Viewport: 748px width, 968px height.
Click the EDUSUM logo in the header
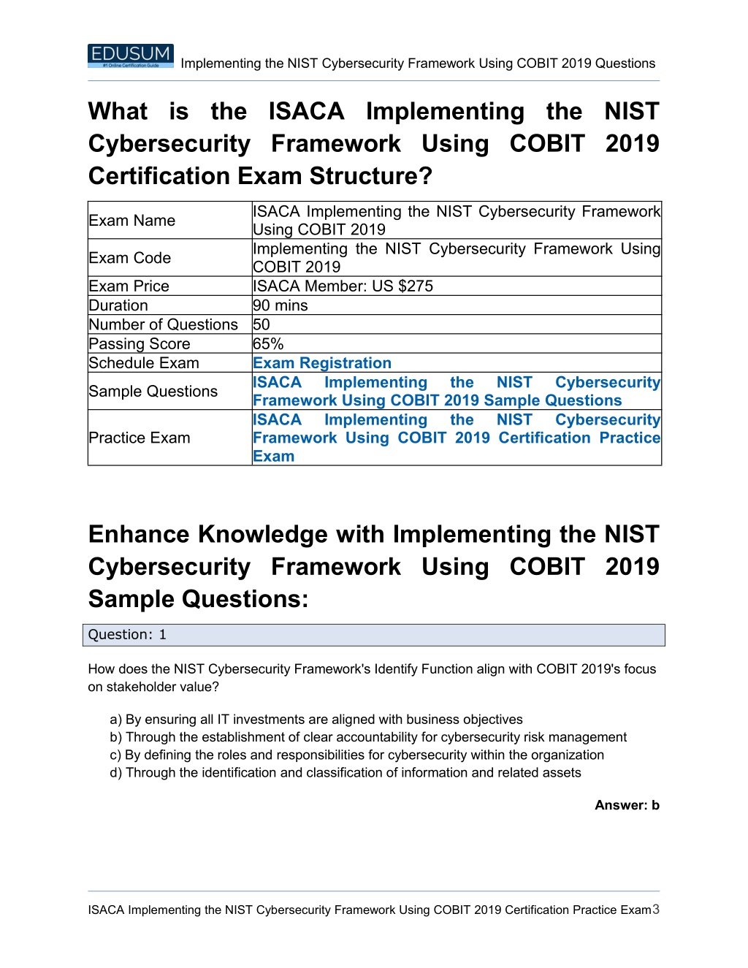pyautogui.click(x=130, y=56)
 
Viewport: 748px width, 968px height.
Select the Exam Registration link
pyautogui.click(x=322, y=363)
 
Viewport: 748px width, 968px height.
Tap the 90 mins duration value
pyautogui.click(x=280, y=305)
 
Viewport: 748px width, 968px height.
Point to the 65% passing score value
pyautogui.click(x=268, y=344)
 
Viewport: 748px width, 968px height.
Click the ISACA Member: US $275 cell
pyautogui.click(x=343, y=286)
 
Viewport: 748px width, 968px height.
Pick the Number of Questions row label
pyautogui.click(x=163, y=325)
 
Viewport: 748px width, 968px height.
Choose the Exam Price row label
pyautogui.click(x=129, y=286)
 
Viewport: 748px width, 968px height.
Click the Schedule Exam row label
pyautogui.click(x=144, y=363)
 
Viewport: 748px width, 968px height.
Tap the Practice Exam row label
pyautogui.click(x=140, y=438)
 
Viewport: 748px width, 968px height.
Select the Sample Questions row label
pyautogui.click(x=153, y=392)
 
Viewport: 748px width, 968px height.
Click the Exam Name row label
pyautogui.click(x=131, y=221)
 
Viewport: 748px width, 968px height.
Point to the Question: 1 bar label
pyautogui.click(x=127, y=635)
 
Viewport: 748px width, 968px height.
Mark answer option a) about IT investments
pyautogui.click(x=316, y=720)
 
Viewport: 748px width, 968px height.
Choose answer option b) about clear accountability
pyautogui.click(x=368, y=737)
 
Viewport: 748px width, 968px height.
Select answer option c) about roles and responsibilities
pyautogui.click(x=357, y=755)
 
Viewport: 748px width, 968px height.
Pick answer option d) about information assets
pyautogui.click(x=346, y=773)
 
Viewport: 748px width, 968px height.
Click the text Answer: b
pyautogui.click(x=627, y=805)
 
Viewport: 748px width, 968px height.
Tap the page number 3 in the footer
pyautogui.click(x=656, y=910)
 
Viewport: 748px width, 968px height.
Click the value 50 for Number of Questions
pyautogui.click(x=262, y=325)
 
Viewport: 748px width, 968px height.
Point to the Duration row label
pyautogui.click(x=118, y=305)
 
